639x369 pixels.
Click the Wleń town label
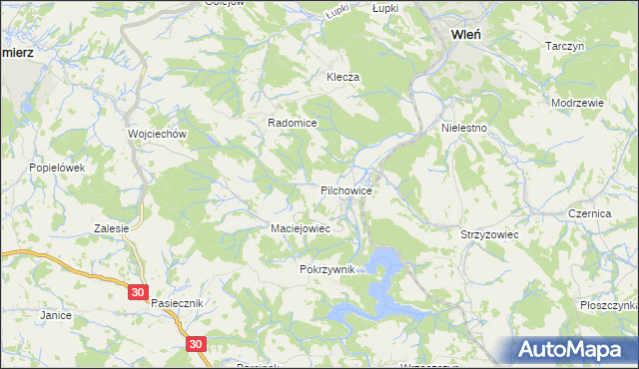[467, 33]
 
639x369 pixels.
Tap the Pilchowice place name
[346, 189]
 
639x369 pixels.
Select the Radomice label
[292, 123]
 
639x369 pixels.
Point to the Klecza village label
[341, 77]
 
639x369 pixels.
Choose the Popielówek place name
[57, 168]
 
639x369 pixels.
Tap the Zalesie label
[112, 228]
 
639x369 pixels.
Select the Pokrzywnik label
[325, 270]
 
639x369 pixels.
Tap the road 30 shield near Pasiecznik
[138, 292]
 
